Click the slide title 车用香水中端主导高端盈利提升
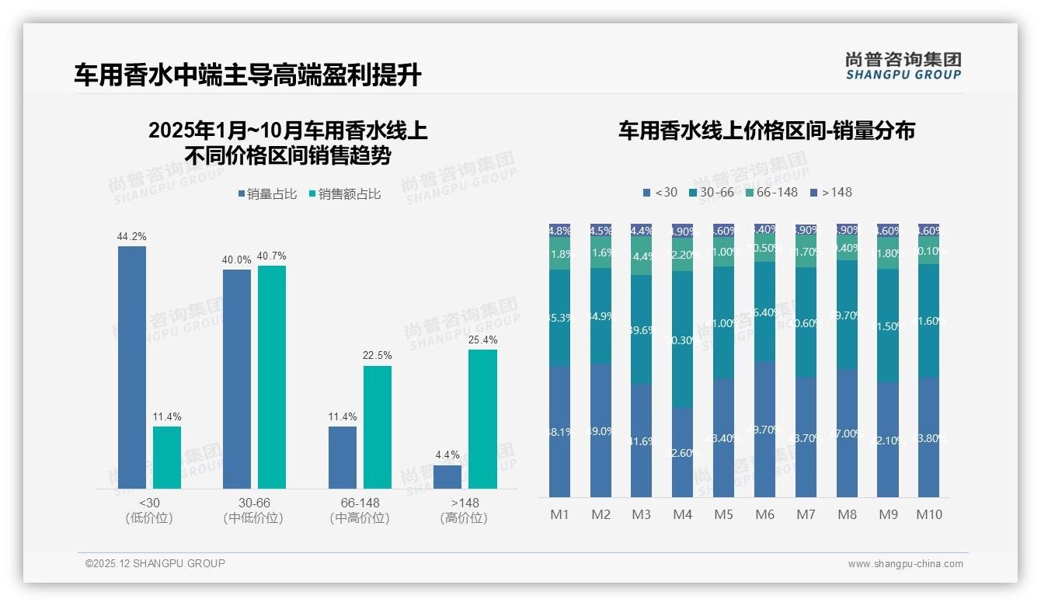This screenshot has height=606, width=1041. click(x=248, y=75)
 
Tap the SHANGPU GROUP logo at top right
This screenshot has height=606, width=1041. click(x=903, y=66)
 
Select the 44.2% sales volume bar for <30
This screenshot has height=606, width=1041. click(x=132, y=367)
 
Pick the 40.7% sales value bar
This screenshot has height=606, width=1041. click(x=272, y=377)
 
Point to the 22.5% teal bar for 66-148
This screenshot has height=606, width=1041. click(x=378, y=427)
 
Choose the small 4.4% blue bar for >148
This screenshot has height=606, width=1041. click(x=447, y=476)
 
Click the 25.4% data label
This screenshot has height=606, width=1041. click(x=483, y=340)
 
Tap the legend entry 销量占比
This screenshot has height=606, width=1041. click(x=266, y=194)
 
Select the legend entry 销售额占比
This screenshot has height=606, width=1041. click(x=345, y=194)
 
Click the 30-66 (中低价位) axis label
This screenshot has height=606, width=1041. click(x=253, y=510)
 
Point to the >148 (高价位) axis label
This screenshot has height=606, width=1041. click(x=464, y=510)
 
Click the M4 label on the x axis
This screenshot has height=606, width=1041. click(x=682, y=514)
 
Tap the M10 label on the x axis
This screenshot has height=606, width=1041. click(x=929, y=514)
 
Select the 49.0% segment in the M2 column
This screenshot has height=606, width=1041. click(x=601, y=430)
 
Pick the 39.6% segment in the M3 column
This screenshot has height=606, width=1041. click(x=642, y=329)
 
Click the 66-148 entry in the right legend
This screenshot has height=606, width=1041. click(x=771, y=192)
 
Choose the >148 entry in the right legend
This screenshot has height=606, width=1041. click(x=830, y=192)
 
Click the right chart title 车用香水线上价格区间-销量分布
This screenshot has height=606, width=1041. click(x=766, y=131)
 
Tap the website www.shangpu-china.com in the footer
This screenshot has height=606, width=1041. click(x=905, y=564)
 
